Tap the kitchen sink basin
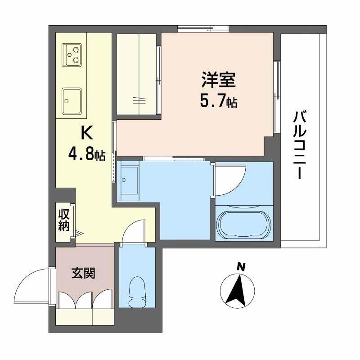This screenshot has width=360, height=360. tap(72, 100)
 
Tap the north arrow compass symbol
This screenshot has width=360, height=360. tap(239, 291)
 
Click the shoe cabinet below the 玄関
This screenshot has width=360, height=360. tap(85, 316)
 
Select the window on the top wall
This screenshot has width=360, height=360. tap(202, 29)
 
